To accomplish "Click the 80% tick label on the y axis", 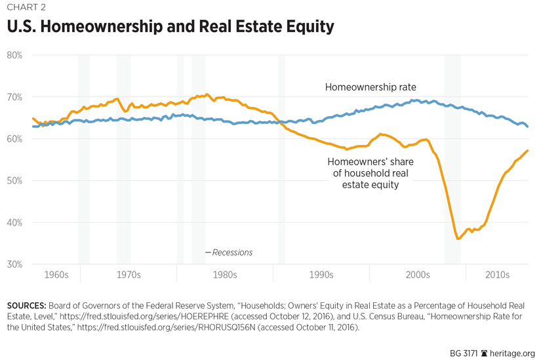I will pyautogui.click(x=14, y=55).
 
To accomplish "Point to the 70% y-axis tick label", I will pyautogui.click(x=14, y=97).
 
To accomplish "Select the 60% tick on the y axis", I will pyautogui.click(x=14, y=139).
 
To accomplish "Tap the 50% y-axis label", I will pyautogui.click(x=14, y=180).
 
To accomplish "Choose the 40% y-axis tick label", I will pyautogui.click(x=14, y=222).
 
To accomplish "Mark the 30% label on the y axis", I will pyautogui.click(x=14, y=264).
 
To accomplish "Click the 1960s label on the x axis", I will pyautogui.click(x=56, y=275).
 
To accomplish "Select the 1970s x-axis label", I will pyautogui.click(x=129, y=275).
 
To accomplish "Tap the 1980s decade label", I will pyautogui.click(x=225, y=275).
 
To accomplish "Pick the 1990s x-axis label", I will pyautogui.click(x=321, y=275).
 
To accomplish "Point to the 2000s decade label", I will pyautogui.click(x=417, y=275).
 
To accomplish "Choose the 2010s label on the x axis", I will pyautogui.click(x=497, y=275).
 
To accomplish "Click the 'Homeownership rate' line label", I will pyautogui.click(x=371, y=87).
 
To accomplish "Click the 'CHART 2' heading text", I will pyautogui.click(x=28, y=8).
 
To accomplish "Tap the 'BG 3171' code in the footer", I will pyautogui.click(x=464, y=353).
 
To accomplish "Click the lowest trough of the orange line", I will pyautogui.click(x=458, y=239).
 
